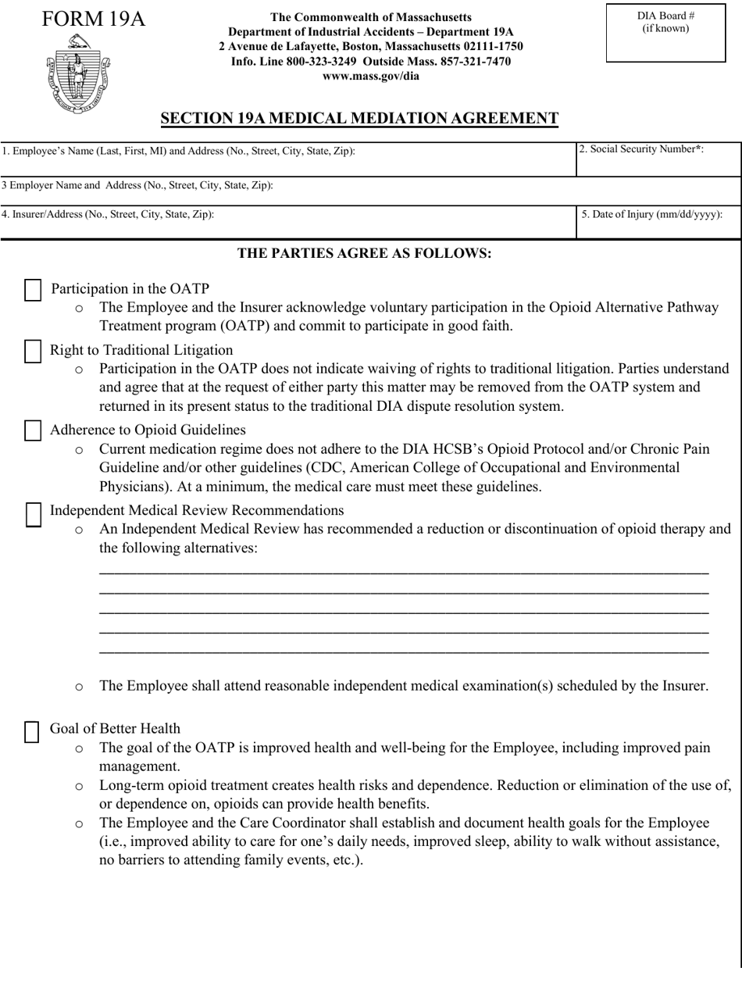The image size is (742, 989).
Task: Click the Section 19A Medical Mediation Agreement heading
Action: coord(359,119)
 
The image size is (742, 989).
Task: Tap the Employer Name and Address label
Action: coord(137,185)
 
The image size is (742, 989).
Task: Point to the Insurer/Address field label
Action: coord(108,213)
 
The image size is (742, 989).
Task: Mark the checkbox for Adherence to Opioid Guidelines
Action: coord(33,430)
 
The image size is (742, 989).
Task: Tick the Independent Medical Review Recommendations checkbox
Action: coord(34,512)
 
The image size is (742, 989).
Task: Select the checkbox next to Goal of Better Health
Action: coord(33,730)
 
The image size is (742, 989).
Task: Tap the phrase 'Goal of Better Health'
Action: coord(115,729)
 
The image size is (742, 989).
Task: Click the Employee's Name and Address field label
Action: coord(178,151)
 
